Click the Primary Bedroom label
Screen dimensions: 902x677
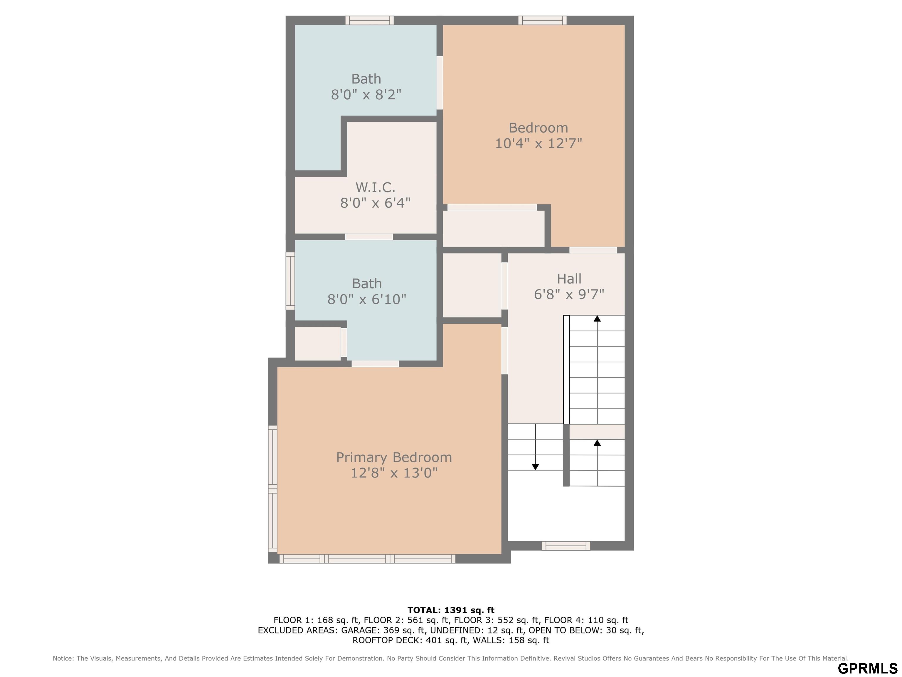click(x=394, y=458)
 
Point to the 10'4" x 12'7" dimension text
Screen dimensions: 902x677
click(x=538, y=143)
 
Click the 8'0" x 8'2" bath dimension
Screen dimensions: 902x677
click(x=366, y=95)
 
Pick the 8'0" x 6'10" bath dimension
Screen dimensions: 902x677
click(x=367, y=299)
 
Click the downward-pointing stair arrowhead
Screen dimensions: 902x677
click(x=535, y=467)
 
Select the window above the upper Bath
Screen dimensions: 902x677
click(x=369, y=20)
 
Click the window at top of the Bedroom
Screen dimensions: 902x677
click(x=542, y=20)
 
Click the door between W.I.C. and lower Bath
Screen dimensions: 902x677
click(x=369, y=237)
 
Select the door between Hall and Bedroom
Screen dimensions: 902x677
click(x=593, y=250)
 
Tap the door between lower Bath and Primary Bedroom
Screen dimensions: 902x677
click(x=375, y=363)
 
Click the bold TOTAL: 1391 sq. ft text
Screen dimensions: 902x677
click(x=451, y=610)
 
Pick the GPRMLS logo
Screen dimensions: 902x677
click(x=868, y=668)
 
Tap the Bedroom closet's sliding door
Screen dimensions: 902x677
click(x=492, y=207)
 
